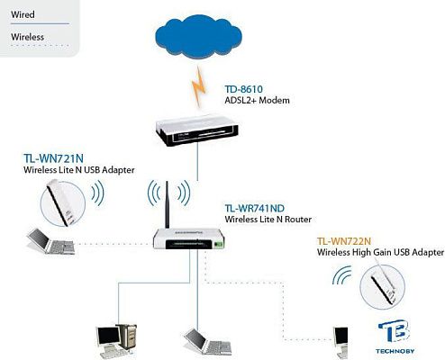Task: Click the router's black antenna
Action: coord(166,207)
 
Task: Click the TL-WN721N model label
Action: coord(52,157)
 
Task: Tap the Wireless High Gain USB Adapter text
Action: coord(380,254)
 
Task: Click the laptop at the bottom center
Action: coord(201,343)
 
